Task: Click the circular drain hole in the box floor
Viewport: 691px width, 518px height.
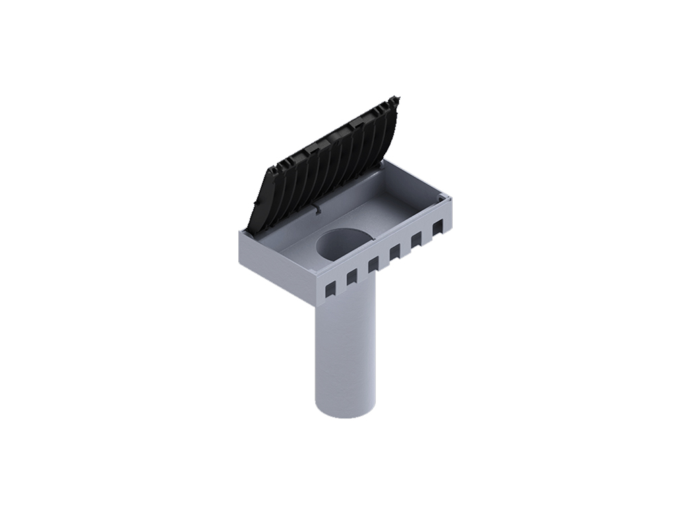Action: coord(344,243)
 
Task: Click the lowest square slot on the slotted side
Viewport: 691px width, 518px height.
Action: coord(329,289)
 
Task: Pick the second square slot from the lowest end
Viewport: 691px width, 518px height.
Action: coord(351,277)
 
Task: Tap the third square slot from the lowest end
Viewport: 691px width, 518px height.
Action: coord(372,264)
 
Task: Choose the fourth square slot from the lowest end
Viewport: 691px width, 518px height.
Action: coord(394,252)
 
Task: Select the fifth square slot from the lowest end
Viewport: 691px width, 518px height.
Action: coord(416,239)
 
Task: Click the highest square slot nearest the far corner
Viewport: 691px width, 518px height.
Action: coord(437,226)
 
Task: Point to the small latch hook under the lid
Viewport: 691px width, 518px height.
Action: coord(317,208)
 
